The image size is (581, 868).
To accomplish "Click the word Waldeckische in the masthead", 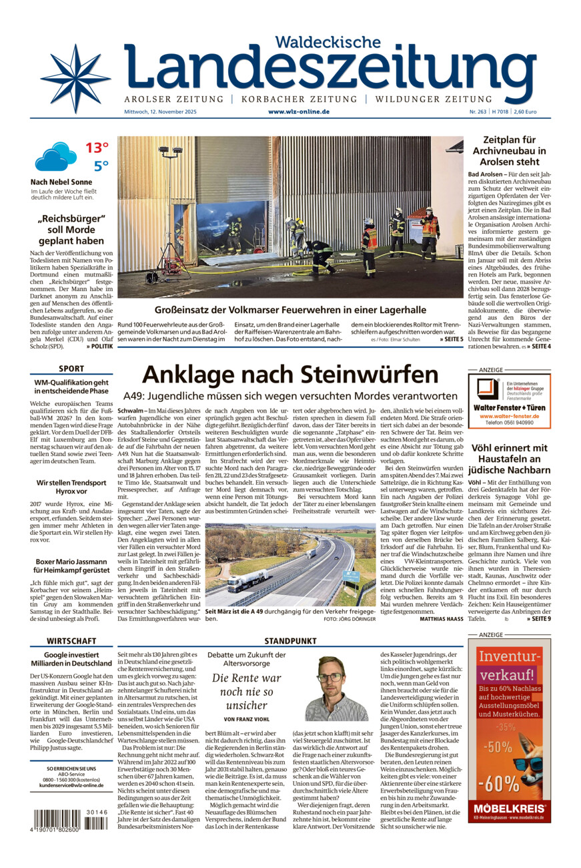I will (x=328, y=41).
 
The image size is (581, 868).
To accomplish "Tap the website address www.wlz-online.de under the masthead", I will (x=298, y=112).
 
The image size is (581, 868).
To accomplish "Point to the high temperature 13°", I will (x=97, y=148).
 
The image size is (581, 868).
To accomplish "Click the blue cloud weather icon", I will (x=56, y=156).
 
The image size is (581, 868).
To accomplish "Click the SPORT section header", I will (x=71, y=369).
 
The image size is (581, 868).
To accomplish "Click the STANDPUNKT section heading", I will (x=290, y=640).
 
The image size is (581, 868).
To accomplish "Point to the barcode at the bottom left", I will (x=67, y=819).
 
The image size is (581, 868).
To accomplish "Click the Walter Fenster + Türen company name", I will (x=509, y=407).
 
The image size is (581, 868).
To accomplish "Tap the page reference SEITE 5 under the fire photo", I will (x=451, y=339).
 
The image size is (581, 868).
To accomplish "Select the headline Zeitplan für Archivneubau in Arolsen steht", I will (x=509, y=151).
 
